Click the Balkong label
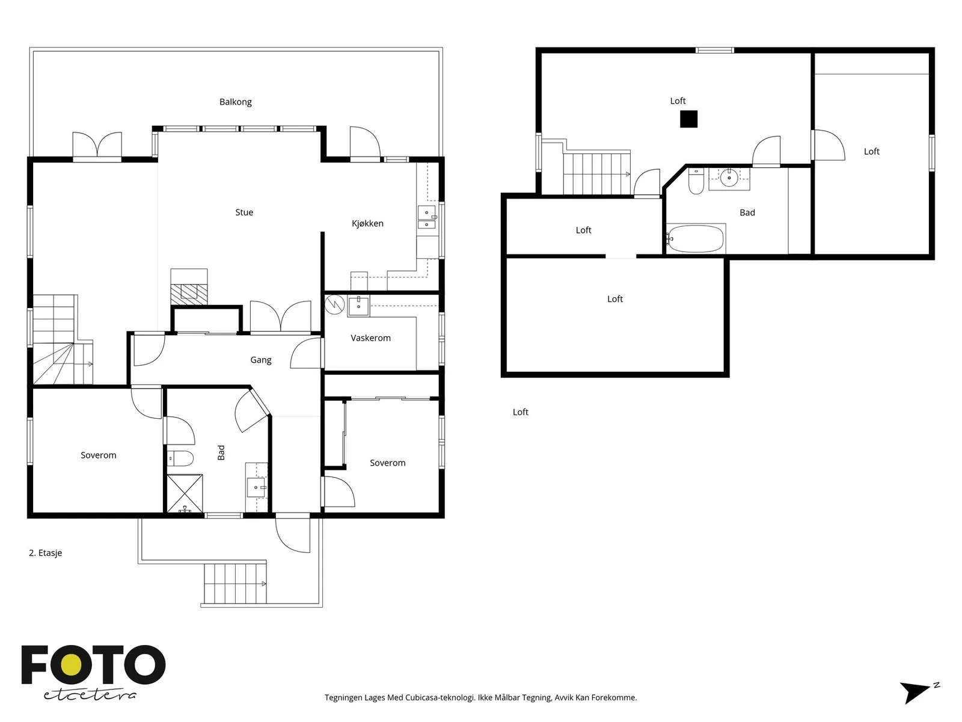tap(235, 102)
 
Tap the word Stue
tap(244, 212)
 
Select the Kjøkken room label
tap(367, 224)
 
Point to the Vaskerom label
tap(370, 338)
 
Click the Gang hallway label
tap(261, 360)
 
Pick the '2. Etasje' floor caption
tap(46, 553)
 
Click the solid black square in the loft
tap(688, 119)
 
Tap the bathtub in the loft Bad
tap(696, 239)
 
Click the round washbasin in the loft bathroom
tap(729, 177)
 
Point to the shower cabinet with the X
tap(185, 493)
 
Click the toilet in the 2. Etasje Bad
tap(180, 458)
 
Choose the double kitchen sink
tap(427, 218)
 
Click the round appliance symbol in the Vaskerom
tap(335, 305)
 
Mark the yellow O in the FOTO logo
tap(71, 665)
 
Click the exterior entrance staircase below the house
tap(235, 584)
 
